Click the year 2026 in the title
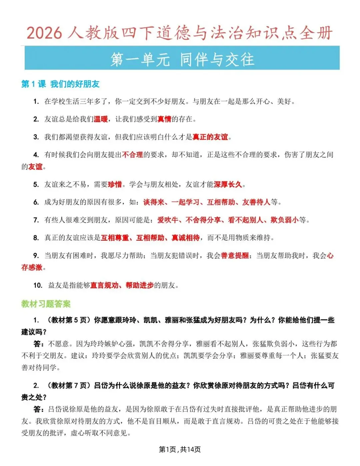pyautogui.click(x=44, y=33)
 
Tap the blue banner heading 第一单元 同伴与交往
pyautogui.click(x=182, y=59)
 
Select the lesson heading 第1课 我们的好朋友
pyautogui.click(x=60, y=84)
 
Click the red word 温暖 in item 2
pyautogui.click(x=101, y=119)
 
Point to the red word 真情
pyautogui.click(x=164, y=119)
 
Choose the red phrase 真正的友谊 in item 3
pyautogui.click(x=210, y=137)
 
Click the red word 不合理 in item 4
pyautogui.click(x=132, y=155)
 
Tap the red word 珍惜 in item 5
pyautogui.click(x=115, y=184)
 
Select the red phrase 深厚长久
pyautogui.click(x=228, y=184)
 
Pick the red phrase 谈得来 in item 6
pyautogui.click(x=154, y=202)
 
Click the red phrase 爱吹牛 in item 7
pyautogui.click(x=168, y=220)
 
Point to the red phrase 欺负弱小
pyautogui.click(x=284, y=220)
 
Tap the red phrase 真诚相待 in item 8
pyautogui.click(x=186, y=238)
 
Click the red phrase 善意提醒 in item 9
pyautogui.click(x=235, y=256)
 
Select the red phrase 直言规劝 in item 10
pyautogui.click(x=104, y=285)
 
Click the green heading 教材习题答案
pyautogui.click(x=46, y=304)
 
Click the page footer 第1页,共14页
pyautogui.click(x=180, y=450)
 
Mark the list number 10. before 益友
pyautogui.click(x=38, y=285)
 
